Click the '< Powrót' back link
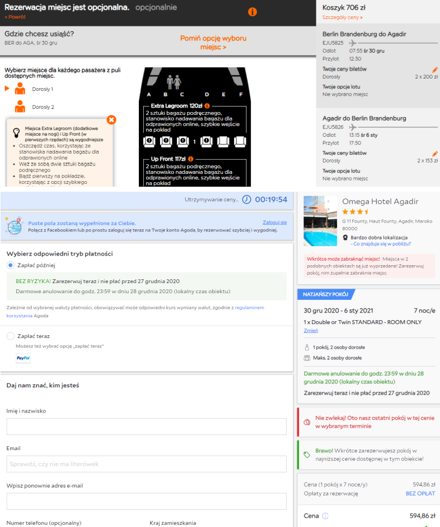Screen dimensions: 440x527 (x=15, y=17)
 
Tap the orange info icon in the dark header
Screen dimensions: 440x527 (x=252, y=12)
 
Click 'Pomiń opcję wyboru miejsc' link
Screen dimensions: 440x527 (x=213, y=43)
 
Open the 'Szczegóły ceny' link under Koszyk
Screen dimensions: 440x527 (x=343, y=17)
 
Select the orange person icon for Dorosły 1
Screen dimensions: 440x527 (x=20, y=89)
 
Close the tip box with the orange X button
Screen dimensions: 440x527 (x=111, y=119)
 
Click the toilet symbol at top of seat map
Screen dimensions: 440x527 (x=174, y=82)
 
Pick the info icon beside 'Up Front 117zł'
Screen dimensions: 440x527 (x=191, y=159)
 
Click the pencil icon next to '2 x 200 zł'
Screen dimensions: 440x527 (x=435, y=70)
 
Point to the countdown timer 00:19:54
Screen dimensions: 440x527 (x=271, y=200)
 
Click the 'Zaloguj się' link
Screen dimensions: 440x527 (x=274, y=223)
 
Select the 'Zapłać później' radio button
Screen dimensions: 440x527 (x=11, y=265)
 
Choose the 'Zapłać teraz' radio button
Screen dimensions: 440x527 (x=11, y=336)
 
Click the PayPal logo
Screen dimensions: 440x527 (x=23, y=358)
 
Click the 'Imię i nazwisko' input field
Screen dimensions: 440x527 (x=146, y=427)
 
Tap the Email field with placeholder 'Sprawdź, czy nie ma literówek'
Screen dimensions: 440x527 (x=146, y=464)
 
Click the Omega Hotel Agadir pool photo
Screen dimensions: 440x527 (x=320, y=221)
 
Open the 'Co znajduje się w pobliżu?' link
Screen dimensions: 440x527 (x=382, y=244)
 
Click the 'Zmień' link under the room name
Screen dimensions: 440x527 (x=311, y=331)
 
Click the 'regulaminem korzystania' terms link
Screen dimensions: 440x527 (x=135, y=312)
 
